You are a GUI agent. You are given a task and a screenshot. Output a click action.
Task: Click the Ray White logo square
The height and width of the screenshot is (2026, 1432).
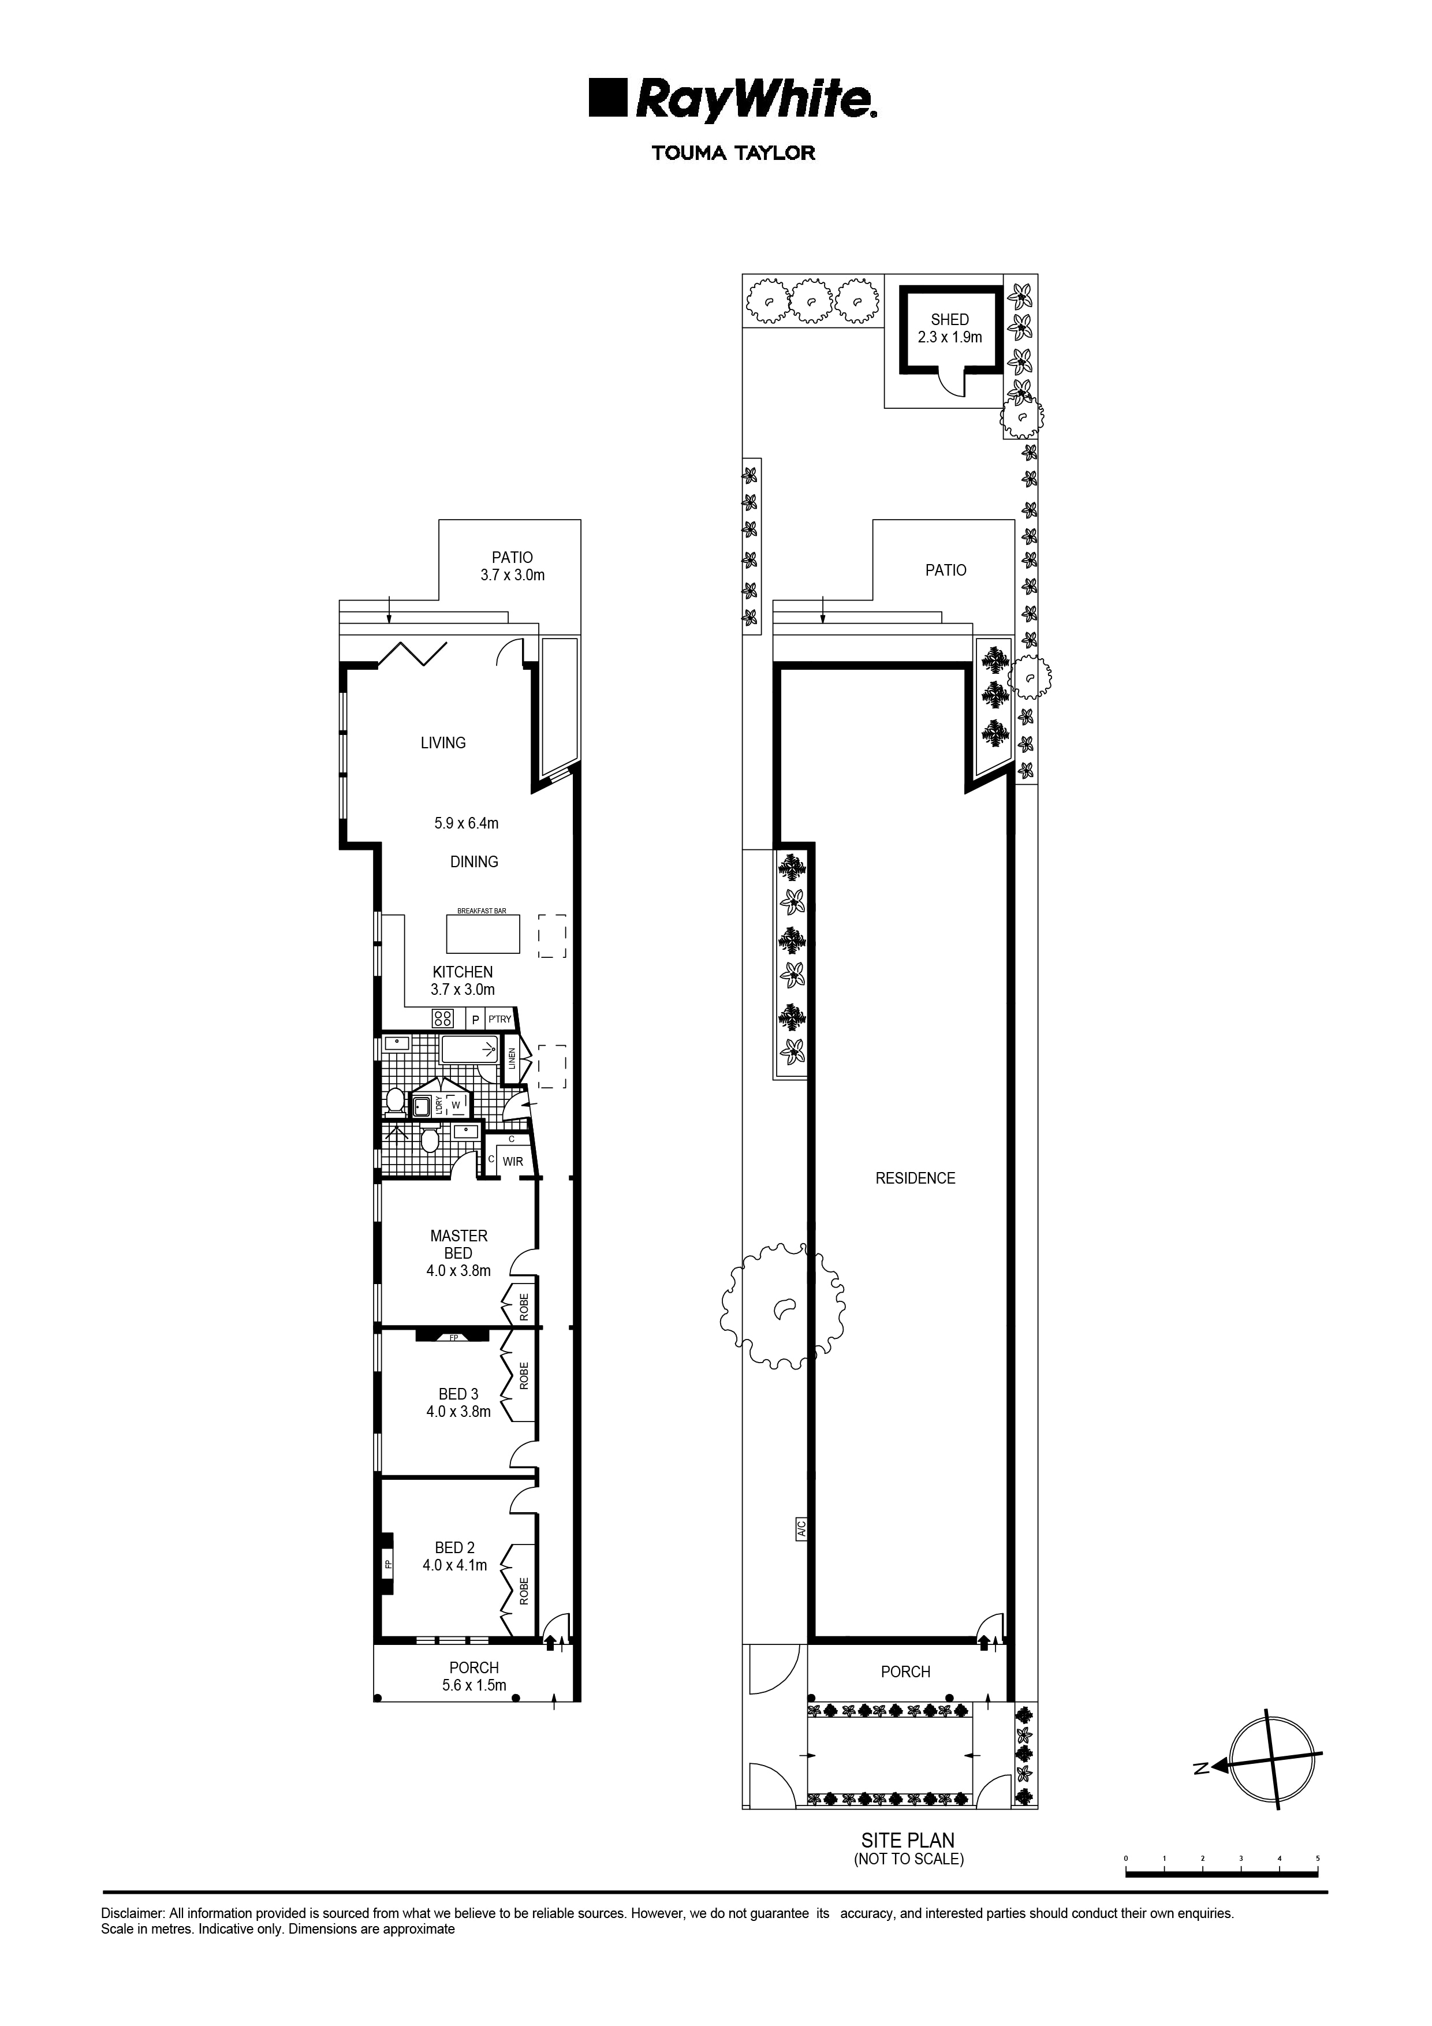point(608,98)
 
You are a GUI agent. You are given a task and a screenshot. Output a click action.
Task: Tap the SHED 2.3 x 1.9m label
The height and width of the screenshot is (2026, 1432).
point(949,329)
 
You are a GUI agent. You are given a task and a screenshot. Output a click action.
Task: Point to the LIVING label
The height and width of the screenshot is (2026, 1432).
point(443,743)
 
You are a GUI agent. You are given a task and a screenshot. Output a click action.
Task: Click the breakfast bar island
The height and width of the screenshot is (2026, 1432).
point(483,934)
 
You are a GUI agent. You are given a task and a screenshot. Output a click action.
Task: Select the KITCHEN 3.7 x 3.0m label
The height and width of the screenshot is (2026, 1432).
point(463,980)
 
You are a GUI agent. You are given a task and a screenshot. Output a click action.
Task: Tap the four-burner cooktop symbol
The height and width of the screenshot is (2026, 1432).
point(443,1019)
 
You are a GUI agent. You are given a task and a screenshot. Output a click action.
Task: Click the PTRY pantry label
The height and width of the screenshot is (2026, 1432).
point(499,1019)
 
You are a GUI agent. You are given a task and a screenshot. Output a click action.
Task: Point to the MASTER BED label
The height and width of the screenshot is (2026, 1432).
point(459,1244)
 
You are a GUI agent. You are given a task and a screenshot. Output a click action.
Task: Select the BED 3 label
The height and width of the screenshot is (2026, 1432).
point(459,1394)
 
